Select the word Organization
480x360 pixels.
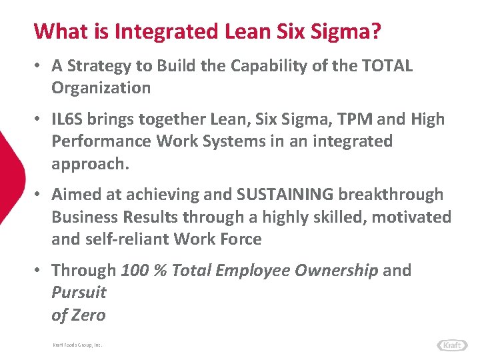pyautogui.click(x=101, y=87)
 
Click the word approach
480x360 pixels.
pyautogui.click(x=89, y=163)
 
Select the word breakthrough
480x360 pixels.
pyautogui.click(x=391, y=195)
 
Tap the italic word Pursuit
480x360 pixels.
pyautogui.click(x=79, y=292)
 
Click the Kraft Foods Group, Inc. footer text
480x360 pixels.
pyautogui.click(x=77, y=345)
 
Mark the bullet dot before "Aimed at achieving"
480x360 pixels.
pyautogui.click(x=41, y=195)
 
